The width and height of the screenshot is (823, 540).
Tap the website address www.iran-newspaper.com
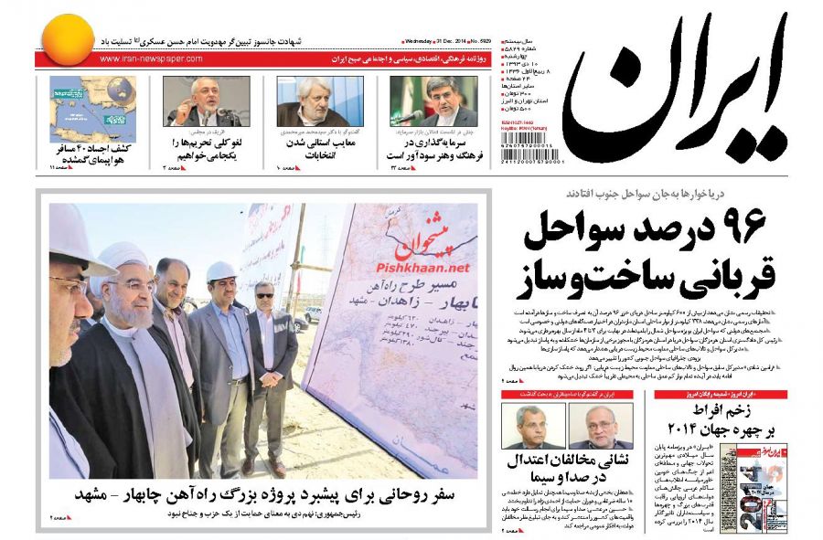pyautogui.click(x=151, y=59)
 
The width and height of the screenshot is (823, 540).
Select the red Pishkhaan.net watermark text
pyautogui.click(x=422, y=268)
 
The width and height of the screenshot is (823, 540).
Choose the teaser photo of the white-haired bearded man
pyautogui.click(x=312, y=101)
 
